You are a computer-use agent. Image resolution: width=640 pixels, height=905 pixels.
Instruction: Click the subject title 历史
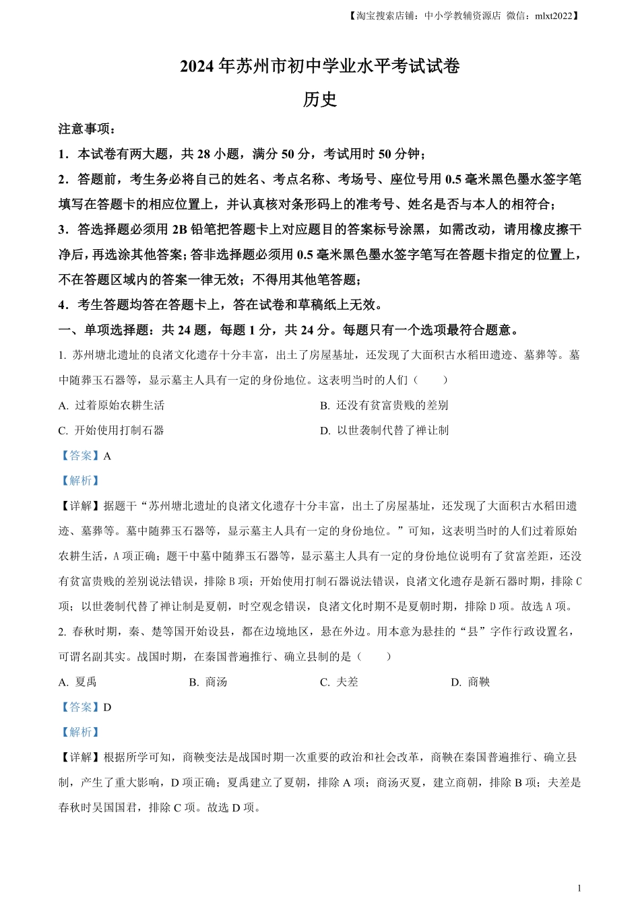[x=319, y=100]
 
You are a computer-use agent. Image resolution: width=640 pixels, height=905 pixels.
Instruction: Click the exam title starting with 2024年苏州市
[x=319, y=67]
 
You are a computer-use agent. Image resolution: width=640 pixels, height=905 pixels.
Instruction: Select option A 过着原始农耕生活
[x=112, y=405]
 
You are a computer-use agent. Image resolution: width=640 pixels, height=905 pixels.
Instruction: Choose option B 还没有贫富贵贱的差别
[x=384, y=405]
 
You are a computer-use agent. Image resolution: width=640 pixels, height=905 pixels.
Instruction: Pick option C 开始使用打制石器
[x=112, y=430]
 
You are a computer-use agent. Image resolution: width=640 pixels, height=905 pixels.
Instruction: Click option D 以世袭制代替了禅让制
[x=384, y=430]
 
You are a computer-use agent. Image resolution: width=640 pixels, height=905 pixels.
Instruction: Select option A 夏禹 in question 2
[x=78, y=682]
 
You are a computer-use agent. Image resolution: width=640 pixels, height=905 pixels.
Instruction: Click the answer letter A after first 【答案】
[x=107, y=456]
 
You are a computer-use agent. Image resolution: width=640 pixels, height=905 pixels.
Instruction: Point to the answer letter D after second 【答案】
[x=107, y=707]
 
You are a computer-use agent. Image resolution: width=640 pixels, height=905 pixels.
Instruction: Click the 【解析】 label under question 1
[x=80, y=481]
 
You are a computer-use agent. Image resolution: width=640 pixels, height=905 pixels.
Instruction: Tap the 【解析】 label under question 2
[x=80, y=732]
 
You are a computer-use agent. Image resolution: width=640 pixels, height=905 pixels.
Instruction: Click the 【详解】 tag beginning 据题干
[x=80, y=506]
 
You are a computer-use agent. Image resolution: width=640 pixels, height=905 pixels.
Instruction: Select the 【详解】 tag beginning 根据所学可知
[x=80, y=758]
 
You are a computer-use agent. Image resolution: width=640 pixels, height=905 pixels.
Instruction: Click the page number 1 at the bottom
[x=580, y=888]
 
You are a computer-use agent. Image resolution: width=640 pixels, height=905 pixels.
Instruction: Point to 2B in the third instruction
[x=179, y=230]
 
